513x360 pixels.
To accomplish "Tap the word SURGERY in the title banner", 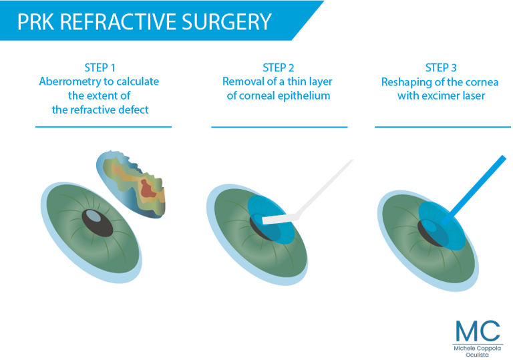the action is [x=226, y=22].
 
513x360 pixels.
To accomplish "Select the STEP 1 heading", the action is [x=100, y=67].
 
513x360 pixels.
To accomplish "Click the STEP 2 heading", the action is [x=279, y=67].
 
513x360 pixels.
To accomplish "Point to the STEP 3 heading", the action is [x=441, y=67].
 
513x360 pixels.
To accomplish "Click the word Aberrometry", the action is [x=69, y=81].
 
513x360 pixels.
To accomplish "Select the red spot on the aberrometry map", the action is [x=147, y=189].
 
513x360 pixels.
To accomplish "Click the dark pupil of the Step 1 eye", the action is [x=98, y=223].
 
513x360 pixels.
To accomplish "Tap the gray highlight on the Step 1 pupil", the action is [x=94, y=216].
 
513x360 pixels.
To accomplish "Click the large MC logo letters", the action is [x=478, y=331].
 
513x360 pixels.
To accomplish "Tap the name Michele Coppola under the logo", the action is [x=478, y=349].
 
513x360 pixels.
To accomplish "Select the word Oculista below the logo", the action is [x=478, y=355].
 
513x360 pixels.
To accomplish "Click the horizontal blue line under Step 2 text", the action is [x=279, y=127].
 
